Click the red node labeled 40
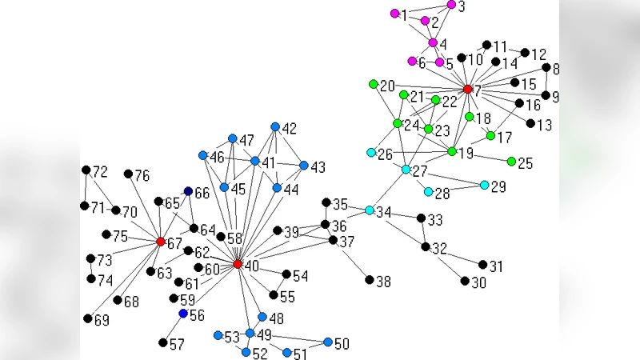click(x=238, y=264)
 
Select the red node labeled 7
click(x=468, y=89)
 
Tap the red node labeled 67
click(x=161, y=242)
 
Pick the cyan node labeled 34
click(x=370, y=210)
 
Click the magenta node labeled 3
click(x=451, y=5)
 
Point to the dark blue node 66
click(x=189, y=191)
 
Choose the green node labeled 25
click(x=511, y=162)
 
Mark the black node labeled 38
click(x=370, y=280)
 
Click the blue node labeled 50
click(x=328, y=342)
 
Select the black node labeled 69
click(x=88, y=318)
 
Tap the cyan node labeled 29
click(x=485, y=185)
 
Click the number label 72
click(x=100, y=172)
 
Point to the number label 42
click(x=290, y=128)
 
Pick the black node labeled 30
click(x=465, y=281)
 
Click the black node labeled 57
click(x=163, y=342)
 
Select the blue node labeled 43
click(x=304, y=166)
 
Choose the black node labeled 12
click(x=526, y=53)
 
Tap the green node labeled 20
click(x=374, y=84)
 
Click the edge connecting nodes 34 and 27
click(x=388, y=190)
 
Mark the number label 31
click(x=498, y=266)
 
